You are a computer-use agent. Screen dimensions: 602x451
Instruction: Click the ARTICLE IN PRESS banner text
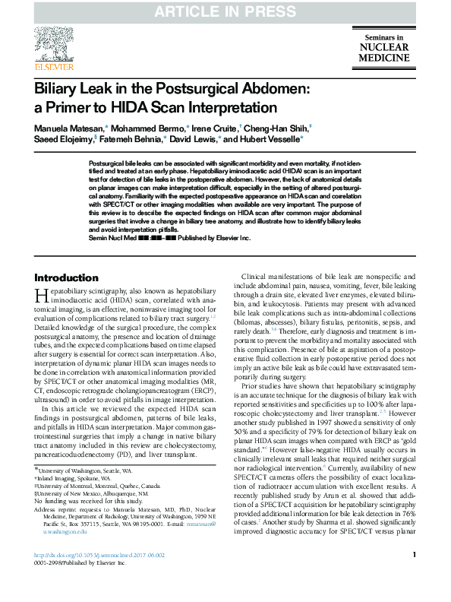pyautogui.click(x=225, y=11)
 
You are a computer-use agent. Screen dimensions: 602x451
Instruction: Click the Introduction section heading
pyautogui.click(x=66, y=277)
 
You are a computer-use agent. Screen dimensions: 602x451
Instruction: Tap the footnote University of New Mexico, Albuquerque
pyautogui.click(x=87, y=493)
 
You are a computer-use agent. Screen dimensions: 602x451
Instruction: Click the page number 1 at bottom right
pyautogui.click(x=414, y=577)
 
